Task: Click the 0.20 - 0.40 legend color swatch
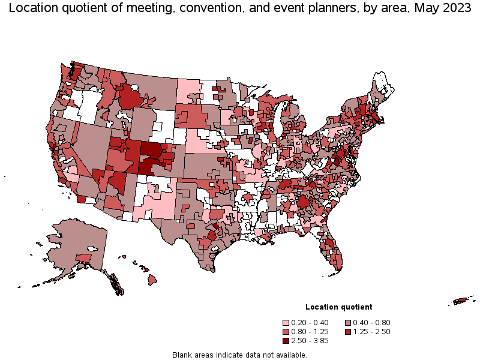pyautogui.click(x=287, y=322)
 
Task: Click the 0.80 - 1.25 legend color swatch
pyautogui.click(x=287, y=331)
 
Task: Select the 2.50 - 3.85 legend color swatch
pyautogui.click(x=287, y=340)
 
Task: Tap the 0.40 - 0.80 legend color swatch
pyautogui.click(x=348, y=322)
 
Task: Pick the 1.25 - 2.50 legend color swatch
pyautogui.click(x=348, y=331)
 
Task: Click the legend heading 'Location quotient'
pyautogui.click(x=338, y=307)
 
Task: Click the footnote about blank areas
pyautogui.click(x=239, y=355)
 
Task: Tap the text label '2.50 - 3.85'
pyautogui.click(x=311, y=340)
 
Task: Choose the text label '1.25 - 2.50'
pyautogui.click(x=372, y=331)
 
